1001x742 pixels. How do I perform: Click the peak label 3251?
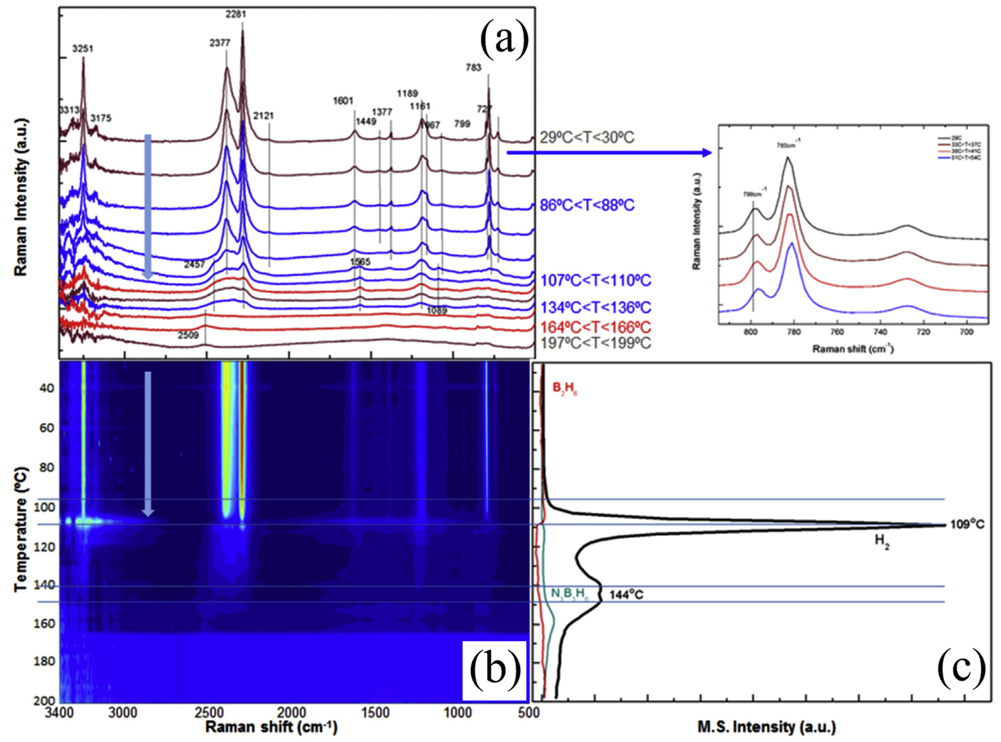pos(83,49)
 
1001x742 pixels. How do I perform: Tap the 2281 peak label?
pos(236,14)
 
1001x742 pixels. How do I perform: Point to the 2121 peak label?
pos(263,116)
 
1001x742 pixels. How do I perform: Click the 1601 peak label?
pos(343,101)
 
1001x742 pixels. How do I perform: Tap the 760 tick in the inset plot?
pos(837,332)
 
